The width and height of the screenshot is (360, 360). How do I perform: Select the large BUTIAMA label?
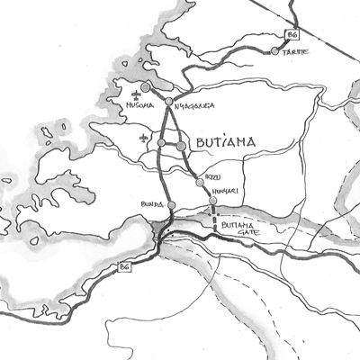(220, 142)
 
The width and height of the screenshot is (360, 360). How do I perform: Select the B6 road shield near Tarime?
(290, 35)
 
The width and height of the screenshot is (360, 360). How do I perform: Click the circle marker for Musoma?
(146, 86)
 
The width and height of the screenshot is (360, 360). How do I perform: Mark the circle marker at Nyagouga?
(169, 102)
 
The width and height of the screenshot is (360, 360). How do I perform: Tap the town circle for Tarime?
(275, 52)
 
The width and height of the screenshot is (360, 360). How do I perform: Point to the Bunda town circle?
(172, 206)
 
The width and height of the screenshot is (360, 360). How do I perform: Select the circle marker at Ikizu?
(200, 183)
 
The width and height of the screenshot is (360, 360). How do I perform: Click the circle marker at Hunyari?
(212, 202)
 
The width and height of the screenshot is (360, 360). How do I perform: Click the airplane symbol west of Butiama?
(144, 138)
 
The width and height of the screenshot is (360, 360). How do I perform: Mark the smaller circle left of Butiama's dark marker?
(161, 142)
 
